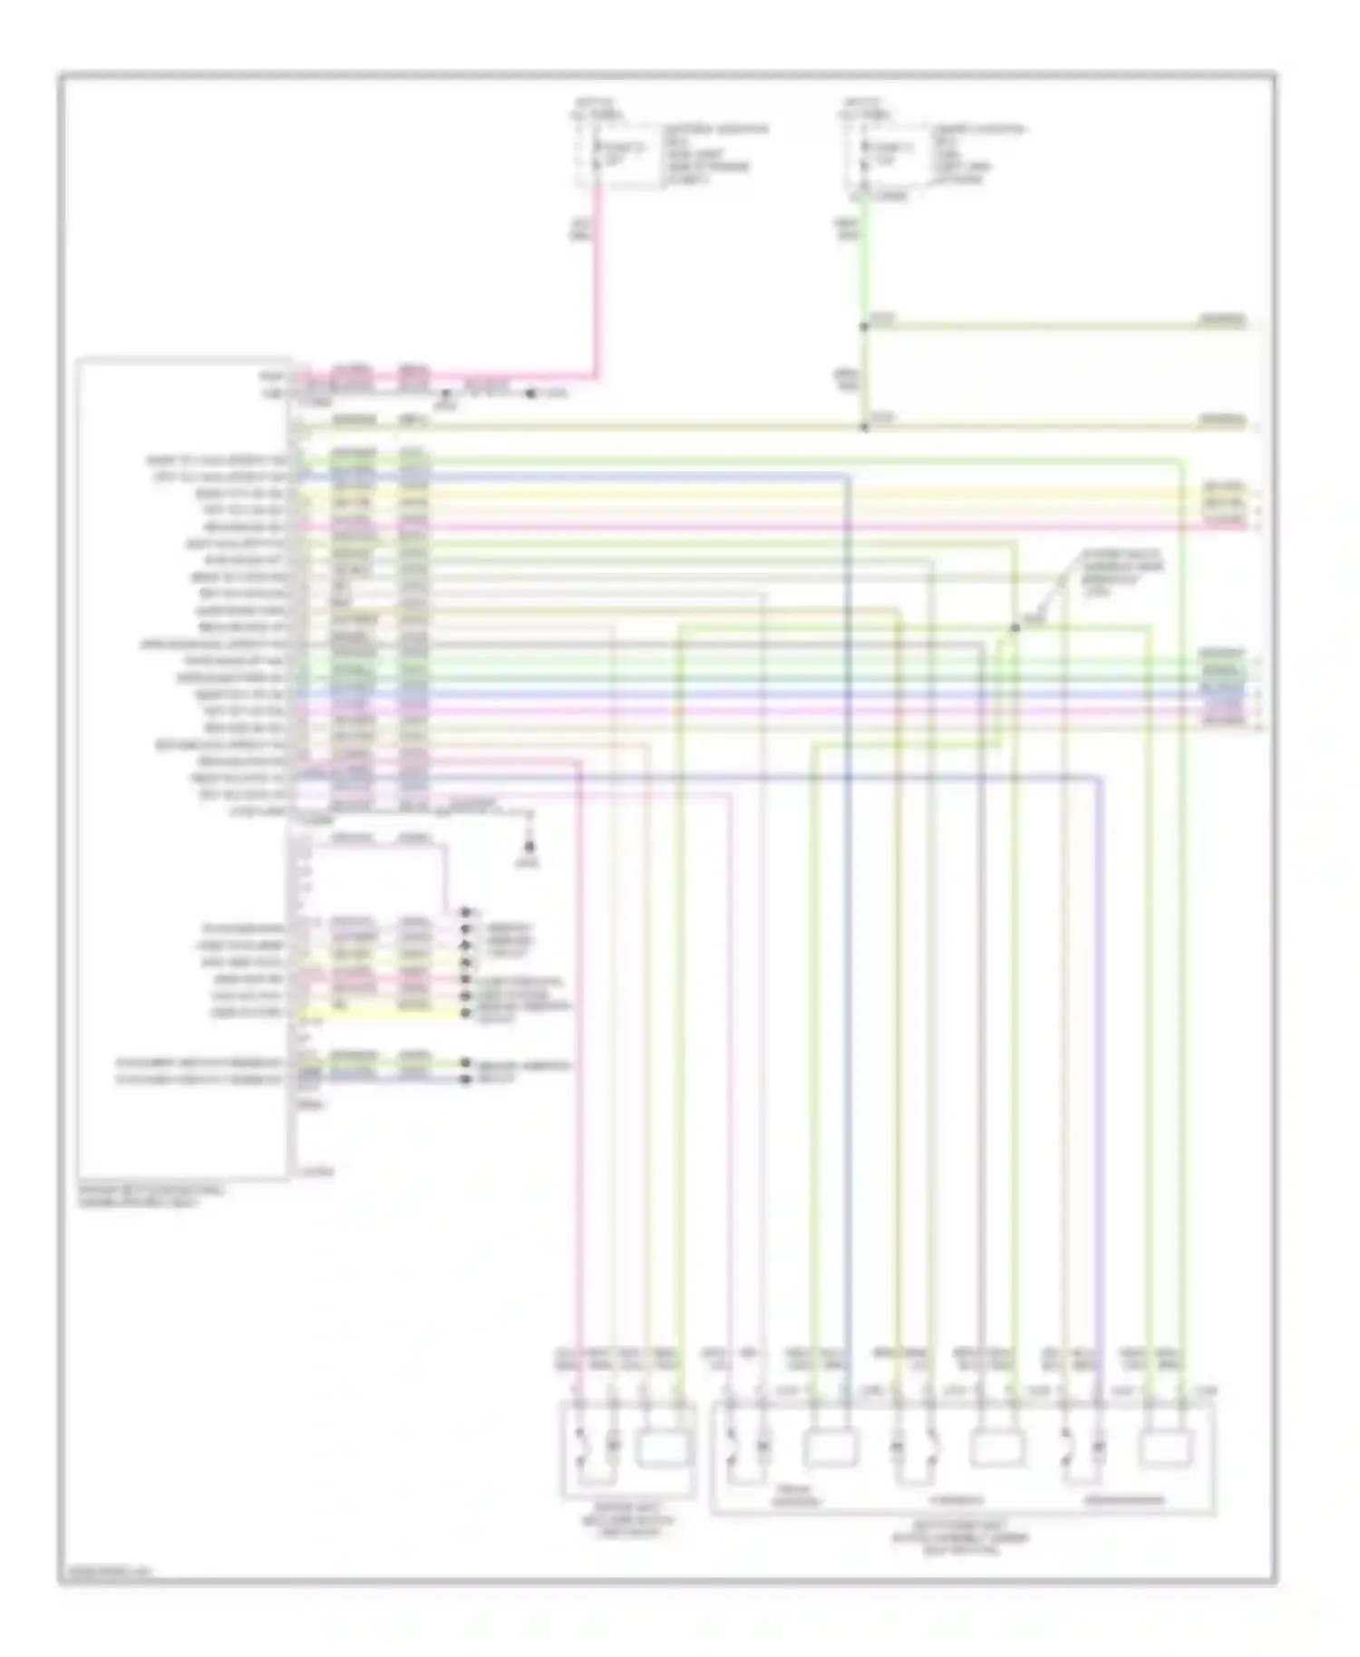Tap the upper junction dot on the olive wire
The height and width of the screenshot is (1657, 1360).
(x=864, y=326)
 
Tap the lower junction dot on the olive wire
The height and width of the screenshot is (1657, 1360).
(x=864, y=426)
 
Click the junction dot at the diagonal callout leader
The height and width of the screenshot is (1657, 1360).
(x=1015, y=627)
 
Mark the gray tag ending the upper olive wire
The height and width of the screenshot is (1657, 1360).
(x=1224, y=320)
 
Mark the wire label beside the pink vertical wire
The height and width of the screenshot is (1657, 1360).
(x=578, y=232)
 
